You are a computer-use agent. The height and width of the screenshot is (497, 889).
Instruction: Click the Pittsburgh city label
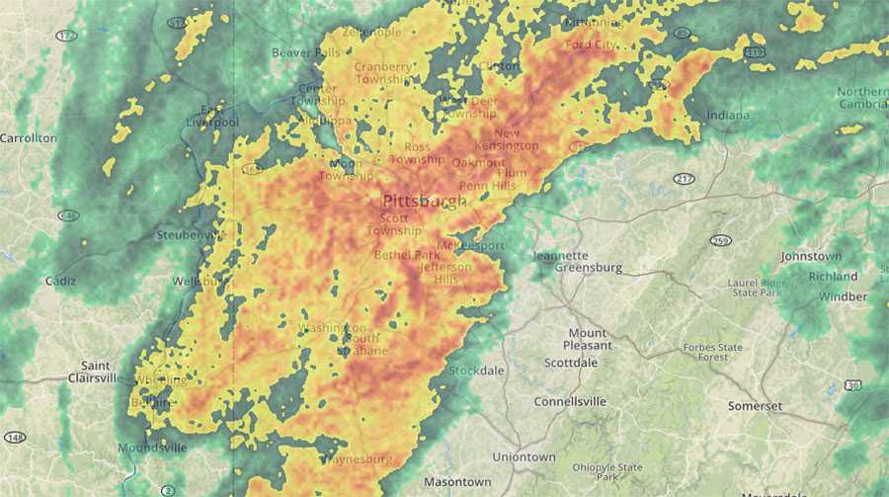tap(425, 201)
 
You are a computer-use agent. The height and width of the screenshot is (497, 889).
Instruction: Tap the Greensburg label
tap(589, 268)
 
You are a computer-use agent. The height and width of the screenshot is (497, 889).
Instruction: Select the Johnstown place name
tap(811, 256)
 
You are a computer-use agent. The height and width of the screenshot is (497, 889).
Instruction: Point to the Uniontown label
tap(525, 456)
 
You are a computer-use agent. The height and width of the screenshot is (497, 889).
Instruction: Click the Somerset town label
tap(755, 406)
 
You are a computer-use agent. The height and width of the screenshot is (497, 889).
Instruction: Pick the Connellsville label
tap(570, 402)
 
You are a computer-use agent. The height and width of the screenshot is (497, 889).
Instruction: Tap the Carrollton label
tap(29, 138)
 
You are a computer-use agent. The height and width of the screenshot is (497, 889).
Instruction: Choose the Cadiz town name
tap(60, 281)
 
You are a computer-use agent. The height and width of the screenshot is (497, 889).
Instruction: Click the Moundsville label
tap(152, 448)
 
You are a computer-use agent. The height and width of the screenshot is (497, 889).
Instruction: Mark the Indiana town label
tap(728, 116)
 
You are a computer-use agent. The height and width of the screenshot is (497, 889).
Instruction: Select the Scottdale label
tap(571, 363)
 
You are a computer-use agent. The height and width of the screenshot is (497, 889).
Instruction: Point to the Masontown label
tap(457, 481)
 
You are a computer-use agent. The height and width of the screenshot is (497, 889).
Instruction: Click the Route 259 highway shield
tap(721, 240)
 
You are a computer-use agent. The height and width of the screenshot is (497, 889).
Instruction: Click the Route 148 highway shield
tap(13, 438)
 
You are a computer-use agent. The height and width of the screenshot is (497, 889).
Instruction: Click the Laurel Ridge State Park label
tap(757, 288)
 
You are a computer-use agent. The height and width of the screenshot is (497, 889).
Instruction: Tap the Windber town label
tap(844, 296)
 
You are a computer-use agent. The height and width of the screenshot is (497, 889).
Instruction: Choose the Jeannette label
tap(560, 255)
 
